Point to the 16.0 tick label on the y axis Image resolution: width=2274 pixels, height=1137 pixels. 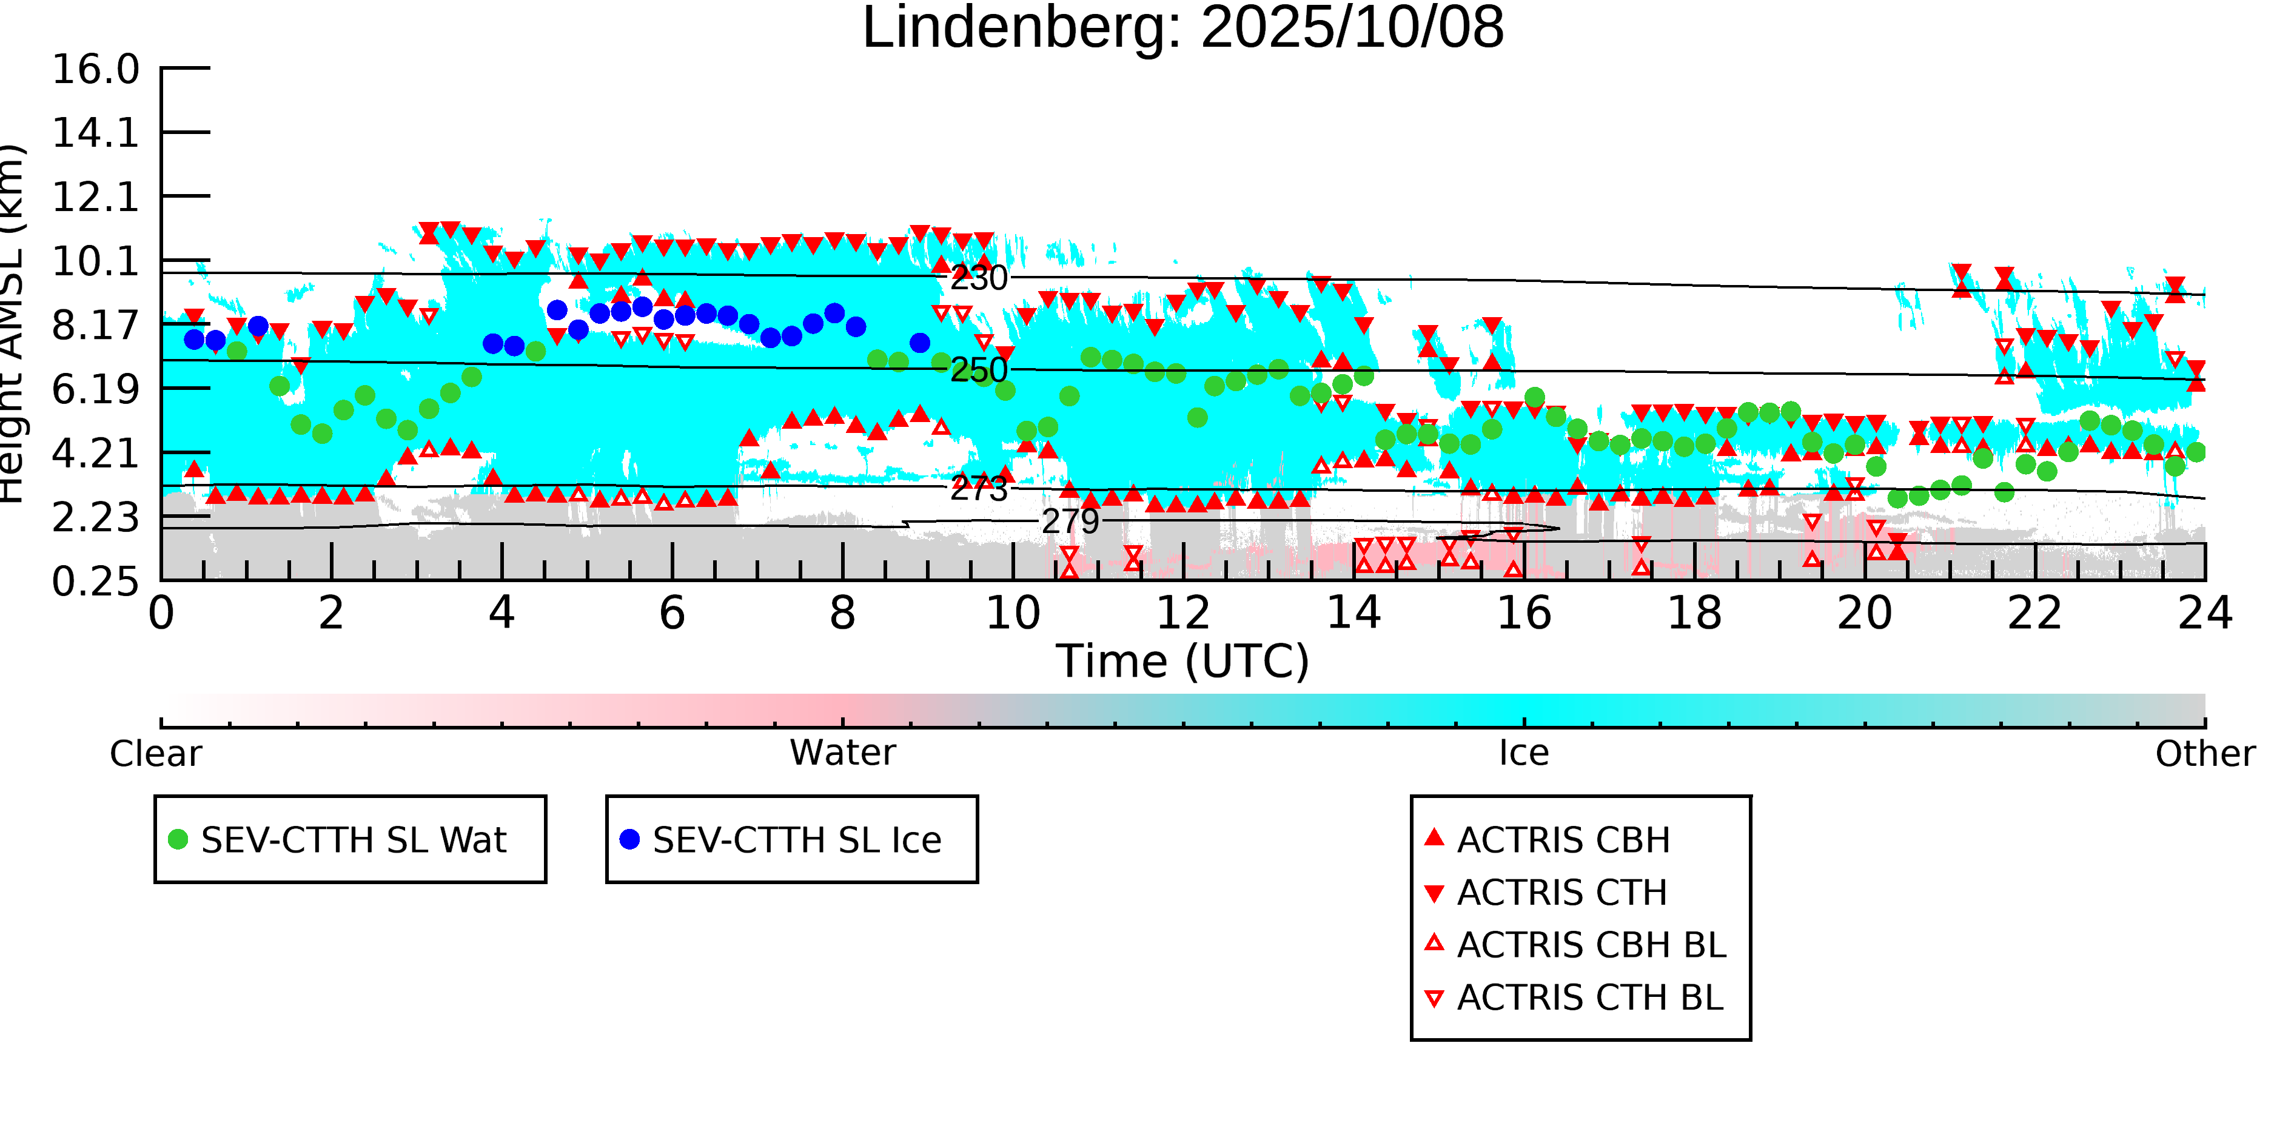point(95,70)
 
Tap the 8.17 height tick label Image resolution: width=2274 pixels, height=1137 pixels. point(95,326)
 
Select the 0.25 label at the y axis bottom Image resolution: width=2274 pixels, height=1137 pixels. point(95,582)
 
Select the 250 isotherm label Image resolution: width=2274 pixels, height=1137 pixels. point(978,370)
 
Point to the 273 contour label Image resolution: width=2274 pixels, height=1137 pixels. point(978,488)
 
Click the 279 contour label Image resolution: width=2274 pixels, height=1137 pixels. point(1070,522)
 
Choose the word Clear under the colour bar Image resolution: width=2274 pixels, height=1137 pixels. point(155,754)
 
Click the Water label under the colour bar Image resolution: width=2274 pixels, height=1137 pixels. point(842,753)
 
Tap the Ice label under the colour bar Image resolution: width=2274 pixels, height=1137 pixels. point(1524,753)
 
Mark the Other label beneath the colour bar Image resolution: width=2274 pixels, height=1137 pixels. point(2204,754)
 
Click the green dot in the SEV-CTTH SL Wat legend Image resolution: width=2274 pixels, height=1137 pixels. point(178,839)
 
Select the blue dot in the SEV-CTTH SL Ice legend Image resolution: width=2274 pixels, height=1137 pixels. point(629,839)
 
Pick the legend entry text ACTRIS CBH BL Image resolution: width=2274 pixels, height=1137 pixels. point(1591,945)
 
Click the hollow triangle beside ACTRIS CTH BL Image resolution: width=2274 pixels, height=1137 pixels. point(1435,998)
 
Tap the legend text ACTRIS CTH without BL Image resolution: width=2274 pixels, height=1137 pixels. point(1561,893)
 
